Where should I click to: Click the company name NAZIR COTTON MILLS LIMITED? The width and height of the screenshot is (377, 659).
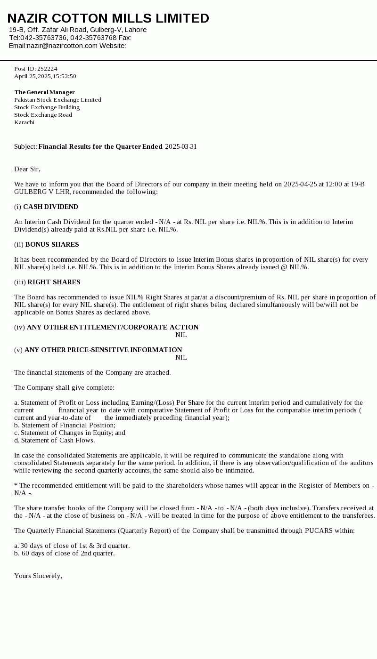point(108,18)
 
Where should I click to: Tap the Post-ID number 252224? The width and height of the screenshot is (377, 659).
point(47,69)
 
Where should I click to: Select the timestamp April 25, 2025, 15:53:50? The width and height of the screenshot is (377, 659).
point(45,76)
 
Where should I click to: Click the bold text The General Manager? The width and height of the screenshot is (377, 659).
point(44,92)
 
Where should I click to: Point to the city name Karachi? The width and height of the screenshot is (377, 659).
point(25,122)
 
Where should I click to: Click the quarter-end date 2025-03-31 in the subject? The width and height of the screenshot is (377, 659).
point(181,146)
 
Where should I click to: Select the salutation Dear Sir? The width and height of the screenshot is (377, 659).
point(27,169)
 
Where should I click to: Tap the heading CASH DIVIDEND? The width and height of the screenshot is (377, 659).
point(50,207)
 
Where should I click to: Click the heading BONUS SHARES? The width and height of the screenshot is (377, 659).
point(52,244)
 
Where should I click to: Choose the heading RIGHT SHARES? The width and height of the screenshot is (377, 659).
point(54,282)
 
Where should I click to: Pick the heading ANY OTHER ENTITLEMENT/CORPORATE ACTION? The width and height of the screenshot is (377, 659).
point(113,327)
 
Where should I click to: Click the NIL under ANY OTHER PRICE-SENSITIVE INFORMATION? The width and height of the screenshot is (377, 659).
point(181,357)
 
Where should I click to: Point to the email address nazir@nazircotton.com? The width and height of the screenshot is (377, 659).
point(62,46)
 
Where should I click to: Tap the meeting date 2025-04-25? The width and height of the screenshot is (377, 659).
point(300,184)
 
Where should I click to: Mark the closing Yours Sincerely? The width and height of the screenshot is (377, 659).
point(38,576)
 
